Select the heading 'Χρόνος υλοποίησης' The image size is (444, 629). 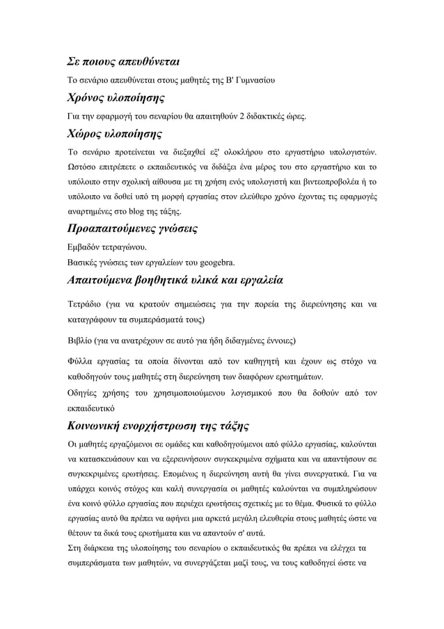[115, 97]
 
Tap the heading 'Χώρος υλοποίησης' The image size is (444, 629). [114, 132]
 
